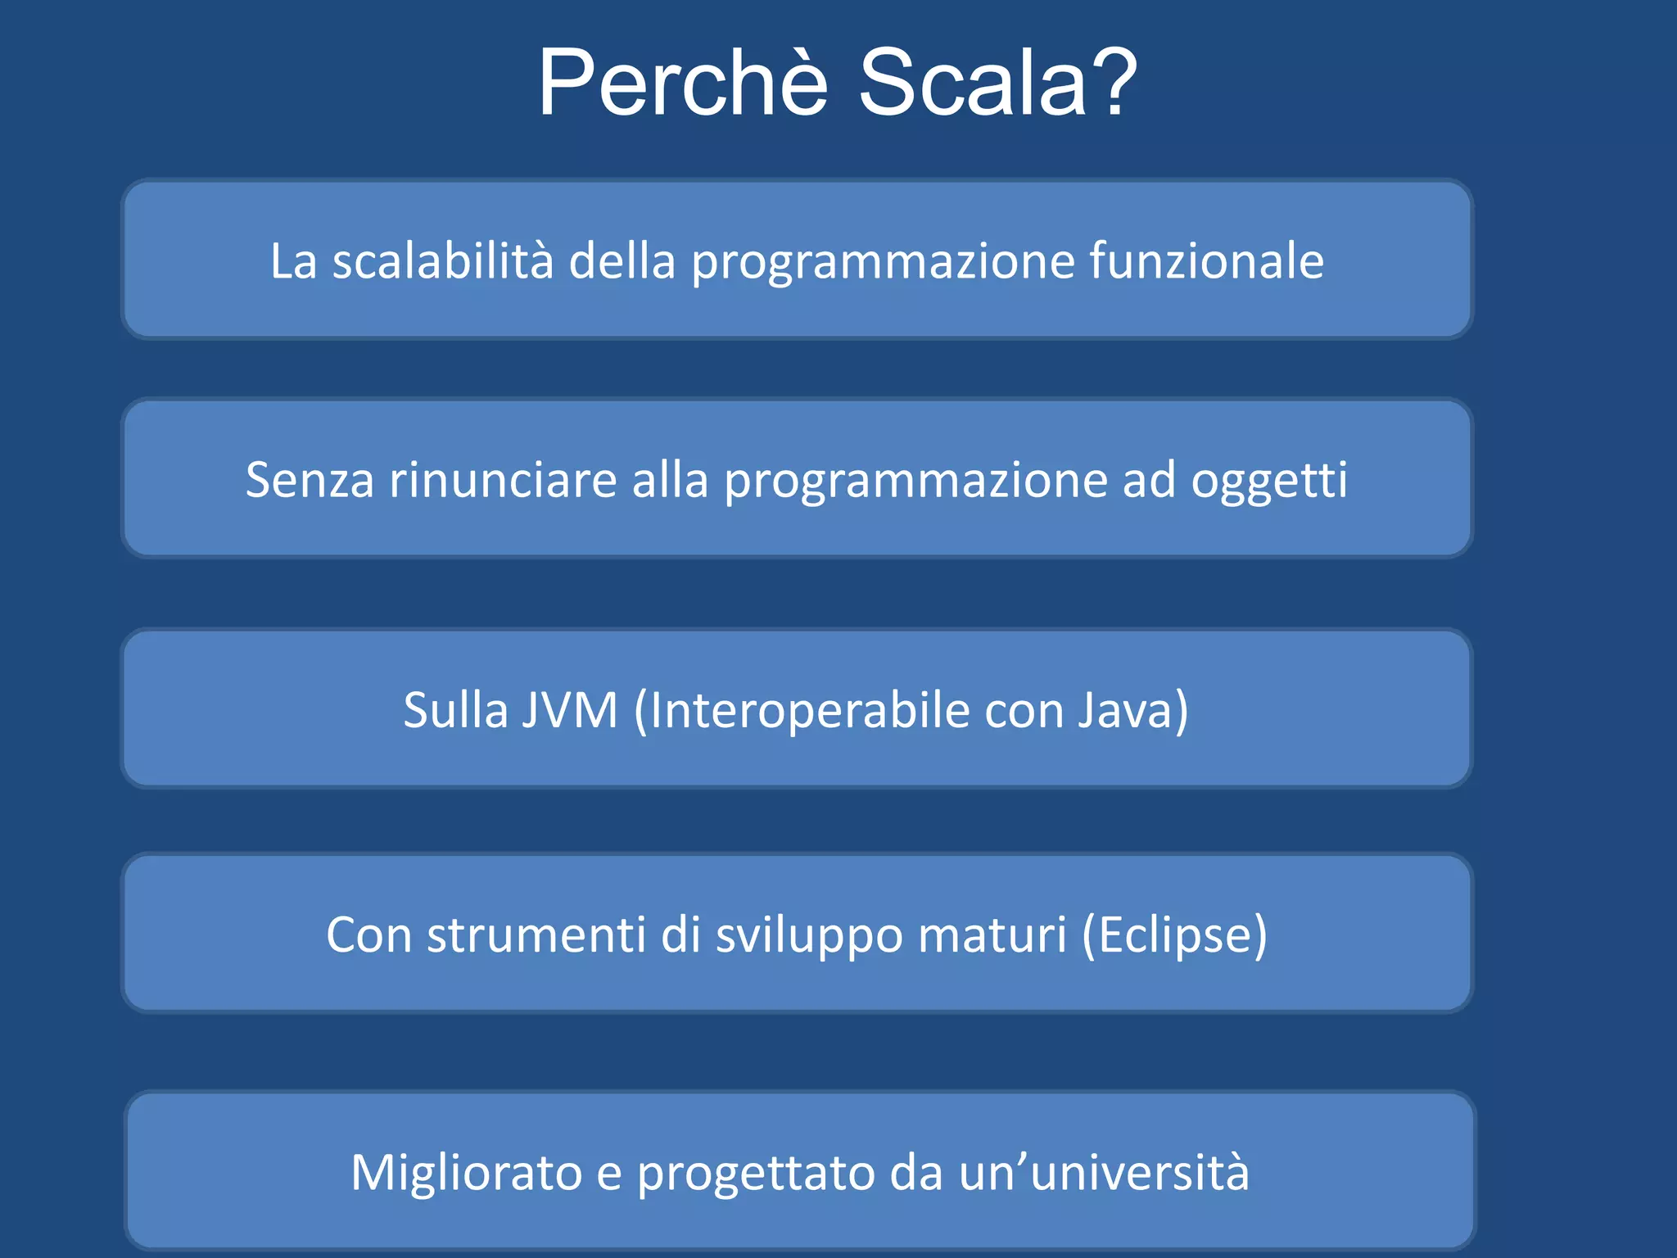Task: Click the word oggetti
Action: (x=1268, y=481)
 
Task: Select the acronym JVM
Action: (x=569, y=710)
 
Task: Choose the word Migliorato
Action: (x=466, y=1173)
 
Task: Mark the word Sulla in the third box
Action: (x=455, y=710)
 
